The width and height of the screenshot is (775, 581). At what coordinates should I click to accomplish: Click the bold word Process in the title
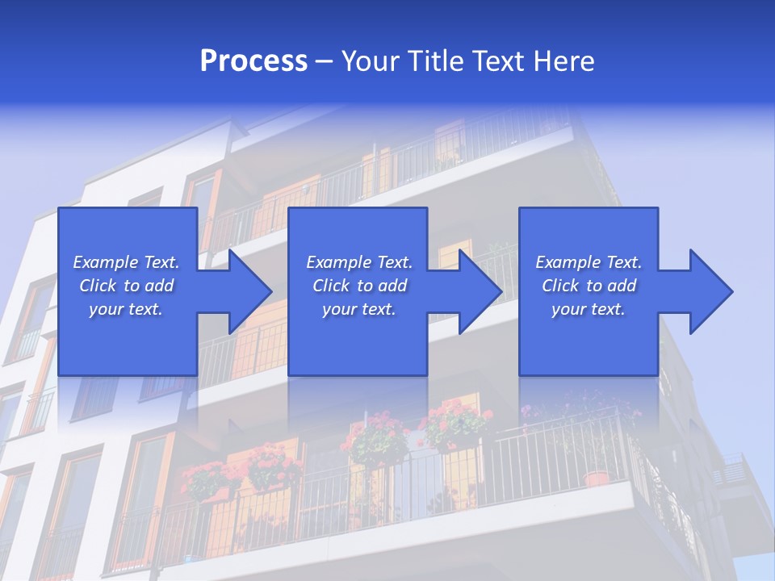(x=253, y=61)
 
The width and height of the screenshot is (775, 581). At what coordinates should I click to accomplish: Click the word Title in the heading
(x=437, y=61)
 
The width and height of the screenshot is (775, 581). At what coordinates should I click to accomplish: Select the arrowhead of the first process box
(x=245, y=291)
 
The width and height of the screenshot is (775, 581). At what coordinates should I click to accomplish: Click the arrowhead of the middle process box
(x=475, y=291)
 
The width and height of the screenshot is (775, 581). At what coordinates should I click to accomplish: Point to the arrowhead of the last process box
(x=706, y=291)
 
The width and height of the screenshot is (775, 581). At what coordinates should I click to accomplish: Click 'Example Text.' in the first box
(x=126, y=262)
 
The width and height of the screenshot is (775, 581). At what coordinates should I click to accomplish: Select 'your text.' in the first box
(x=126, y=309)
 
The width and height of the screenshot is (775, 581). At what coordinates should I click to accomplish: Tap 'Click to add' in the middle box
(x=359, y=286)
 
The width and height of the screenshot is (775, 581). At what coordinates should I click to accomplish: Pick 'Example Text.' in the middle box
(x=359, y=262)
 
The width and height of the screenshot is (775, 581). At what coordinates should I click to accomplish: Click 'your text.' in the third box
(x=589, y=309)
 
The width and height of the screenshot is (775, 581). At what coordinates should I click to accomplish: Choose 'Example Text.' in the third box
(x=589, y=262)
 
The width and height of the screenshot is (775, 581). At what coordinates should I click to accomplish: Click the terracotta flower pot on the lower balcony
(x=597, y=478)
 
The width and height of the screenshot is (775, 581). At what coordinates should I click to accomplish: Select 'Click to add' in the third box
(x=589, y=286)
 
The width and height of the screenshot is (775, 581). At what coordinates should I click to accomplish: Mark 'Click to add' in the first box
(x=126, y=286)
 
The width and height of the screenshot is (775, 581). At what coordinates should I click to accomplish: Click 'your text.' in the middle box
(x=359, y=309)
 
